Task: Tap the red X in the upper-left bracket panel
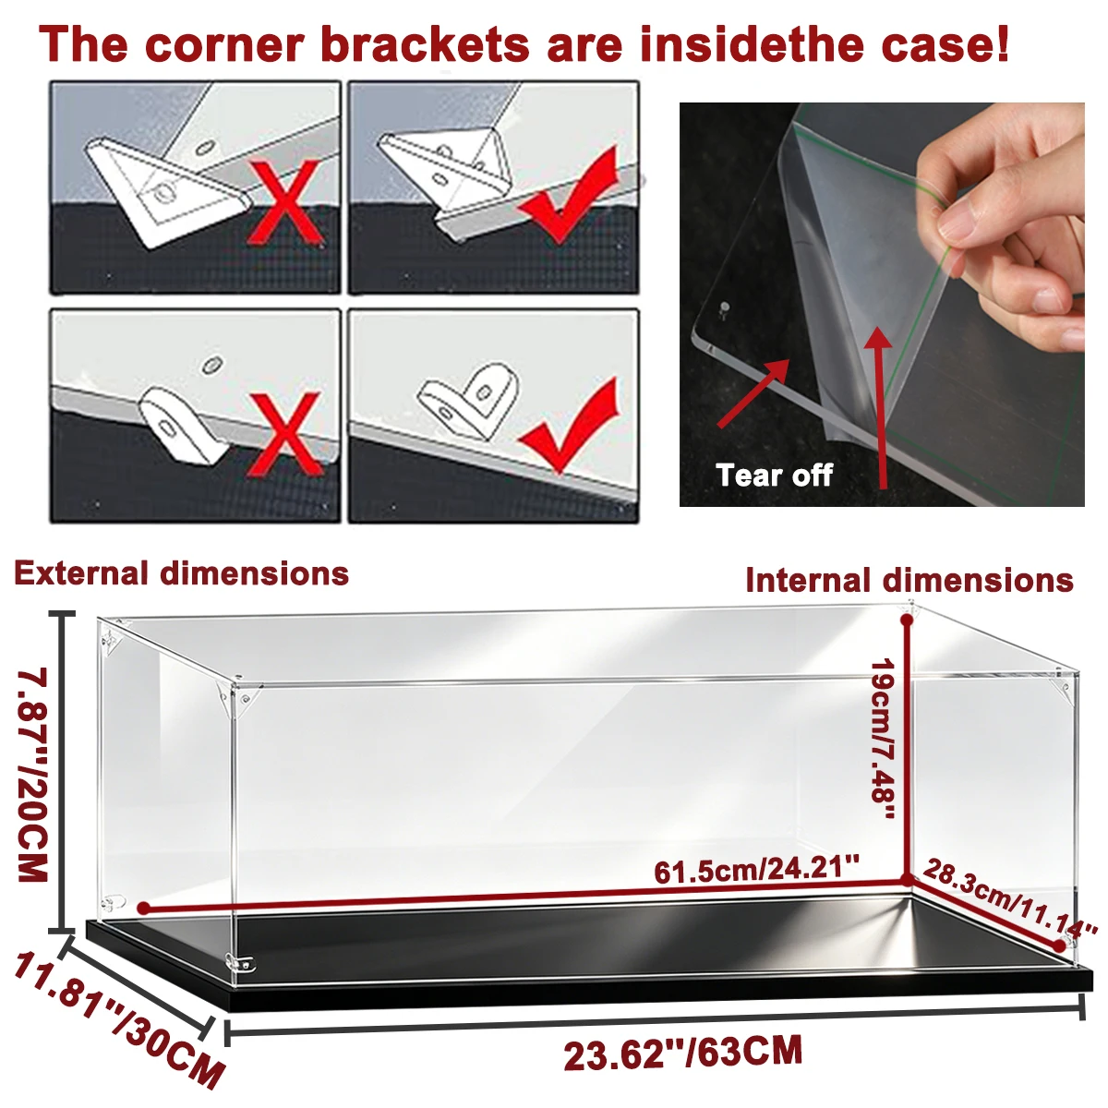[283, 203]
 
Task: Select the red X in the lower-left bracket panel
[283, 434]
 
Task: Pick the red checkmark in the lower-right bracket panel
[570, 425]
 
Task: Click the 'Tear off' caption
[774, 475]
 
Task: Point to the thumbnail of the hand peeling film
[882, 304]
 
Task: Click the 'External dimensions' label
[181, 573]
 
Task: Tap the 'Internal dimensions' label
[909, 580]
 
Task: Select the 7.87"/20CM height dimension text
[32, 776]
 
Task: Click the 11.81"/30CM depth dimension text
[118, 1020]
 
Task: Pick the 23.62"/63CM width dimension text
[682, 1054]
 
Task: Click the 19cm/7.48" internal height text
[883, 739]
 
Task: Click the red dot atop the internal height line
[908, 620]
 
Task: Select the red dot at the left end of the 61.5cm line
[144, 909]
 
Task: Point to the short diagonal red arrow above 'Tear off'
[754, 393]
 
